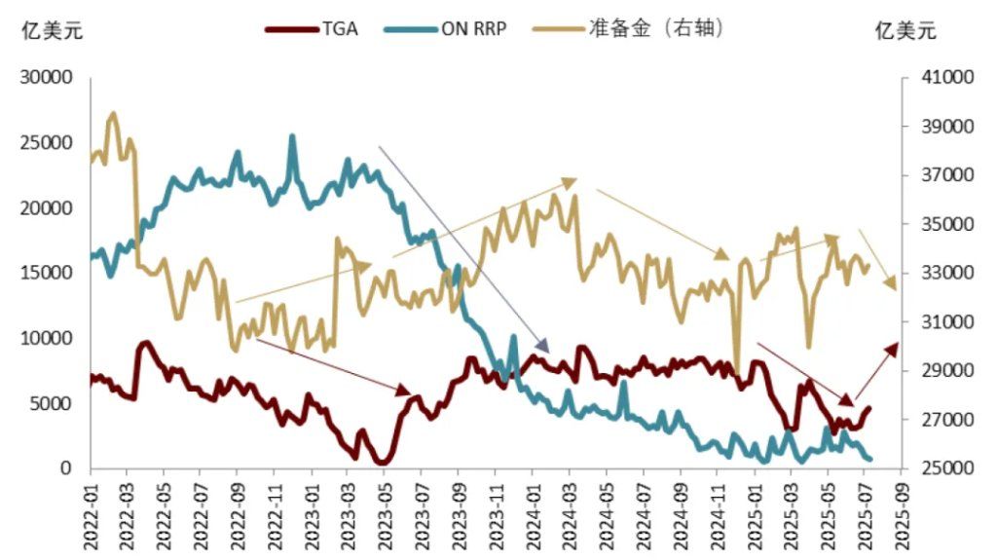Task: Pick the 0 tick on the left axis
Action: (x=67, y=468)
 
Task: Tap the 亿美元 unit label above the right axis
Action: (x=905, y=30)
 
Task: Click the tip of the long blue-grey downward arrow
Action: (x=548, y=352)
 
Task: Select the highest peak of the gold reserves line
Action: (x=113, y=113)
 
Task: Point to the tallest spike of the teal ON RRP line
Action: (x=292, y=136)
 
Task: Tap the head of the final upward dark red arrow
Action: (x=898, y=345)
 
